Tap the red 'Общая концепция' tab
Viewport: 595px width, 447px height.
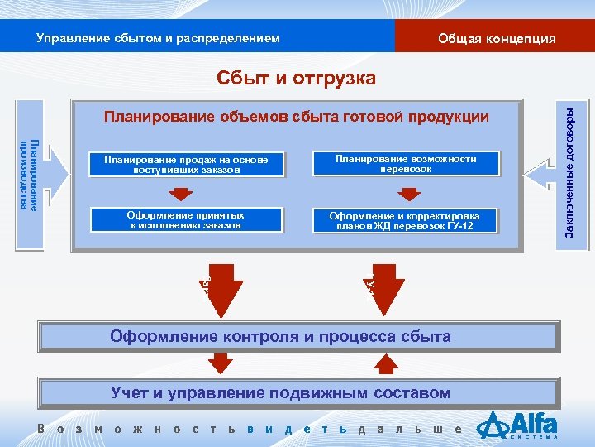pos(496,39)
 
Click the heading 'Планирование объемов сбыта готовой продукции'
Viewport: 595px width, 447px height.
pos(297,118)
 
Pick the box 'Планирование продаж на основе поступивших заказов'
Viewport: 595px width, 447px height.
pos(186,164)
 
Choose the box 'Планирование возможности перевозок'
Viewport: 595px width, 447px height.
pos(406,164)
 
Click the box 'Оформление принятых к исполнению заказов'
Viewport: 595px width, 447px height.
pos(186,219)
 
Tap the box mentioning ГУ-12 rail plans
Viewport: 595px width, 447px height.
pos(404,220)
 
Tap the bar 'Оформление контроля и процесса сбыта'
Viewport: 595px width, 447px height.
pos(281,337)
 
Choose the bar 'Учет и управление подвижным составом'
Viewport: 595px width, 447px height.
pos(281,393)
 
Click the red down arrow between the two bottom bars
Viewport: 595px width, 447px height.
pos(221,365)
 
